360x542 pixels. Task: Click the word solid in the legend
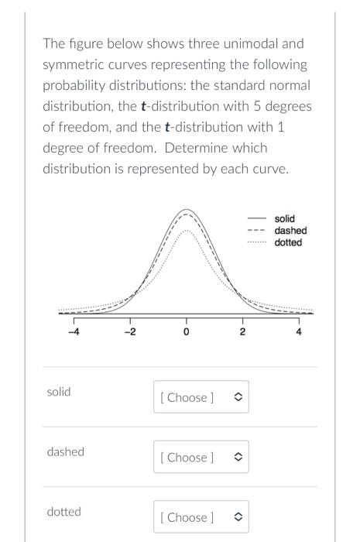(284, 219)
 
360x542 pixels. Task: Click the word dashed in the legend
(290, 231)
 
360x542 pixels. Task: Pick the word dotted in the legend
(288, 242)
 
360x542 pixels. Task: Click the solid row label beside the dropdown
(59, 392)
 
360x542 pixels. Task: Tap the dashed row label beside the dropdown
(65, 451)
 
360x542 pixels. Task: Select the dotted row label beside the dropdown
(63, 512)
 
